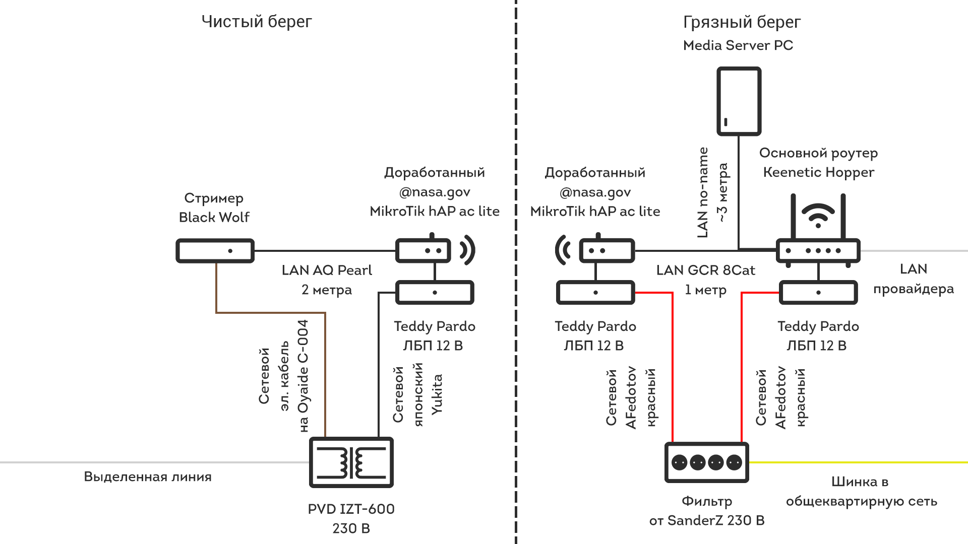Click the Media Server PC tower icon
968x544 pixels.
pyautogui.click(x=739, y=101)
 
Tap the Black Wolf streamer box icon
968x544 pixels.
pyautogui.click(x=215, y=251)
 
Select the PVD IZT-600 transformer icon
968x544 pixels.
pyautogui.click(x=351, y=462)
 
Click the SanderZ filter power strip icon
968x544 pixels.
pyautogui.click(x=706, y=462)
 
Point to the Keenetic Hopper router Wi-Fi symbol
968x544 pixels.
pyautogui.click(x=818, y=215)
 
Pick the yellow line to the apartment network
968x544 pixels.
pyautogui.click(x=857, y=462)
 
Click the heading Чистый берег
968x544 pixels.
pyautogui.click(x=257, y=22)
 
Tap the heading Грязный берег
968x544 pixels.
pyautogui.click(x=742, y=22)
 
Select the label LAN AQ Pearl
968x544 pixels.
pyautogui.click(x=327, y=270)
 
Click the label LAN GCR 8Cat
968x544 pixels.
pyautogui.click(x=705, y=270)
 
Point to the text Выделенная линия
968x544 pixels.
pyautogui.click(x=148, y=477)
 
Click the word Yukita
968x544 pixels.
pyautogui.click(x=437, y=394)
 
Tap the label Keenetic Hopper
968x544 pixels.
pyautogui.click(x=818, y=172)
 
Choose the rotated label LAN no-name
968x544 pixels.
pyautogui.click(x=703, y=192)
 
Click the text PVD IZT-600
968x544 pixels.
pyautogui.click(x=351, y=509)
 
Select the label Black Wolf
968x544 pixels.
pyautogui.click(x=214, y=217)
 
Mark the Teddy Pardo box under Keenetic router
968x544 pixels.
pyautogui.click(x=818, y=293)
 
